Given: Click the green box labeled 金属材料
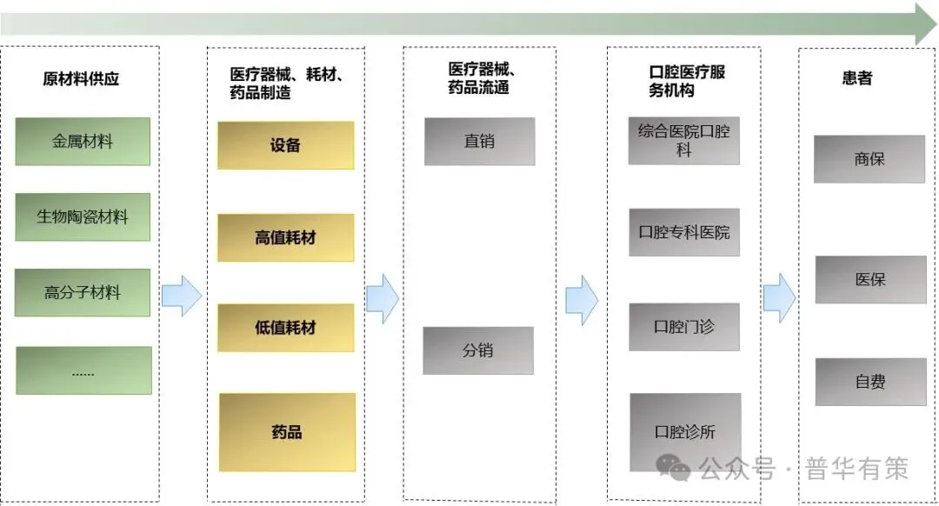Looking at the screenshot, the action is (x=83, y=141).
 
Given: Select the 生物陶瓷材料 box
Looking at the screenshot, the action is (x=83, y=216).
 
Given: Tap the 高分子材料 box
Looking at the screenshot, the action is (x=83, y=292).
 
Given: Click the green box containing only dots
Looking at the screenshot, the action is (x=83, y=370).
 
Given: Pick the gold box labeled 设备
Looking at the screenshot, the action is (x=285, y=145).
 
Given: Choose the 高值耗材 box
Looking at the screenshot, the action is (x=285, y=237).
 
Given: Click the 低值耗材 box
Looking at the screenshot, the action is (x=285, y=328).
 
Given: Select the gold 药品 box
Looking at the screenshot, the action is (x=286, y=432).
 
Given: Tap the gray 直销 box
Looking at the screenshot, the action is (x=479, y=141).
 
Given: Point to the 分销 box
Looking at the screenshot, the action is (x=478, y=350).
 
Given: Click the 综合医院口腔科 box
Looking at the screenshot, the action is (x=683, y=140).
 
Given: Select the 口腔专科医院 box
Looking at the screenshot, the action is (x=683, y=232).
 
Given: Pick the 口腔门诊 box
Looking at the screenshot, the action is (x=683, y=327).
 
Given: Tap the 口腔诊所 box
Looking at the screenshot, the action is (x=685, y=432).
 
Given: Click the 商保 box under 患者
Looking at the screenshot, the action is (x=869, y=159).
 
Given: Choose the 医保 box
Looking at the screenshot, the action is (x=869, y=280).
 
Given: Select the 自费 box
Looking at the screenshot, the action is (x=869, y=381).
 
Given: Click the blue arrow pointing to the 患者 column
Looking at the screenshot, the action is (x=779, y=297).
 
